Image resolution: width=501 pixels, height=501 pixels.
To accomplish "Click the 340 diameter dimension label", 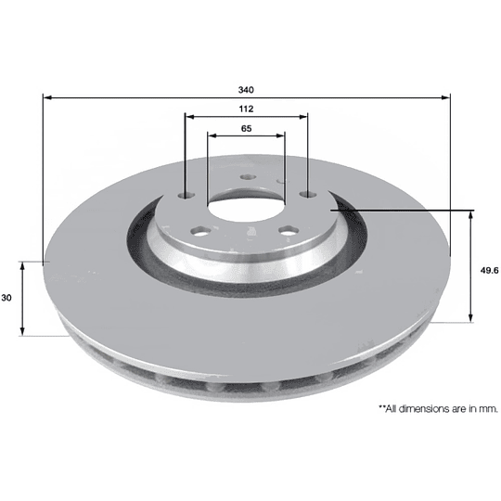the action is [x=246, y=90].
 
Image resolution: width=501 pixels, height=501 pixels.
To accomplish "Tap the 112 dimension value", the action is [x=246, y=109].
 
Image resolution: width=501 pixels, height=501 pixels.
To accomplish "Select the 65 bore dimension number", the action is [x=246, y=128].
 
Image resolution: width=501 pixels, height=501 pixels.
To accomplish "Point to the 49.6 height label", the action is [x=489, y=271].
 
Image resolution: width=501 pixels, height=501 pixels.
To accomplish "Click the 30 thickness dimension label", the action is [x=6, y=298].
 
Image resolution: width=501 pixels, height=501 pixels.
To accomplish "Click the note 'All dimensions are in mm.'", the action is [x=438, y=408].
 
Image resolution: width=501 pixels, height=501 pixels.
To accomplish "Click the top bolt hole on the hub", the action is [x=249, y=176].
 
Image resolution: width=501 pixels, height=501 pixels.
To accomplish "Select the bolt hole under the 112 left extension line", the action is [x=186, y=195].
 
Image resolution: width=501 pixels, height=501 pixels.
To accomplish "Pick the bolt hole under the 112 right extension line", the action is [x=308, y=194].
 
